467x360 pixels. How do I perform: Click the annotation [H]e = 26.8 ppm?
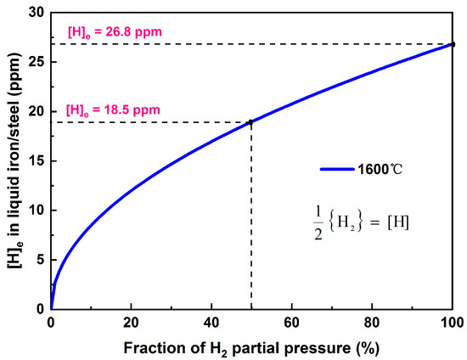(114, 33)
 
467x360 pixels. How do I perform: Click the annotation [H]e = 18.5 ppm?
(114, 110)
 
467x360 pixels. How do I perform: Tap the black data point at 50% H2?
(250, 122)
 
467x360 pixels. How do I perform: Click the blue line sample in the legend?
(341, 168)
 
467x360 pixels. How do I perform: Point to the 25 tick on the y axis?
(38, 62)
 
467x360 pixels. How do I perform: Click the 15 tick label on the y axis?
(38, 161)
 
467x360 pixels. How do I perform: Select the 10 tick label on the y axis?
(38, 211)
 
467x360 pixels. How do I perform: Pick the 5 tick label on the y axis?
(42, 260)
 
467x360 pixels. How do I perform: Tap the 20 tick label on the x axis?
(131, 323)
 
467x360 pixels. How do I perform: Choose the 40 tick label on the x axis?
(211, 323)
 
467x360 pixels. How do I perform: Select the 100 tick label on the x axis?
(453, 323)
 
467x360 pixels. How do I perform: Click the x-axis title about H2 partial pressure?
(252, 346)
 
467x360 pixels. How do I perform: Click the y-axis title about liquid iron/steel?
(14, 160)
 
